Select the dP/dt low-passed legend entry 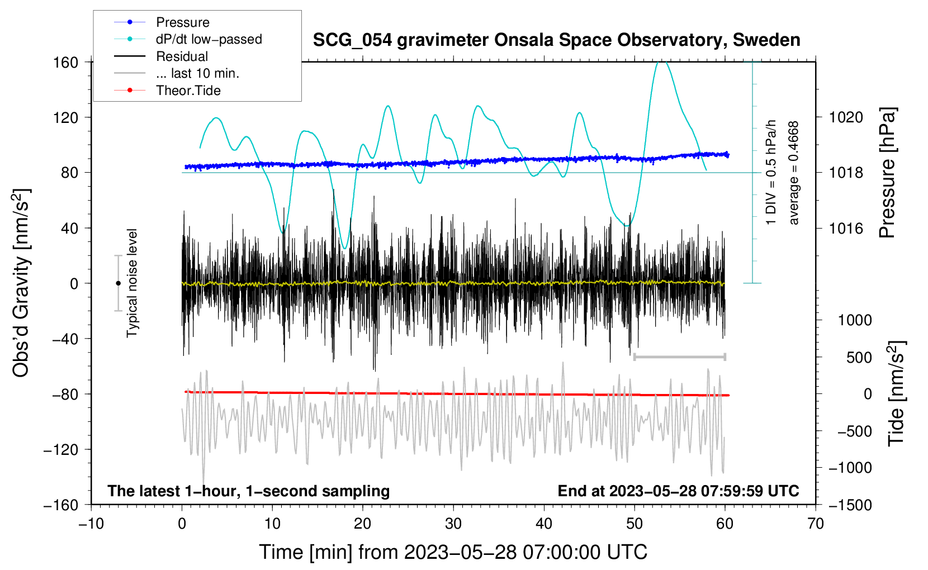[188, 39]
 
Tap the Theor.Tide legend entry [167, 91]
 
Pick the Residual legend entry [161, 56]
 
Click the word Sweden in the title [766, 40]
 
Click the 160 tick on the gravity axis [66, 63]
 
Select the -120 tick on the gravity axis [61, 449]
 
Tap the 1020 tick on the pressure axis [846, 118]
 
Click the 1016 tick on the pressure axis [846, 228]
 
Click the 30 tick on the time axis [453, 524]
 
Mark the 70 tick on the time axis [815, 524]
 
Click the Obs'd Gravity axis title [21, 283]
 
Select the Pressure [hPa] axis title [887, 173]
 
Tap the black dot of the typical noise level [118, 283]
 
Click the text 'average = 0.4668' [793, 173]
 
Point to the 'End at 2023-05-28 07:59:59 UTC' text [678, 491]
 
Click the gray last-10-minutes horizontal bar [679, 357]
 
